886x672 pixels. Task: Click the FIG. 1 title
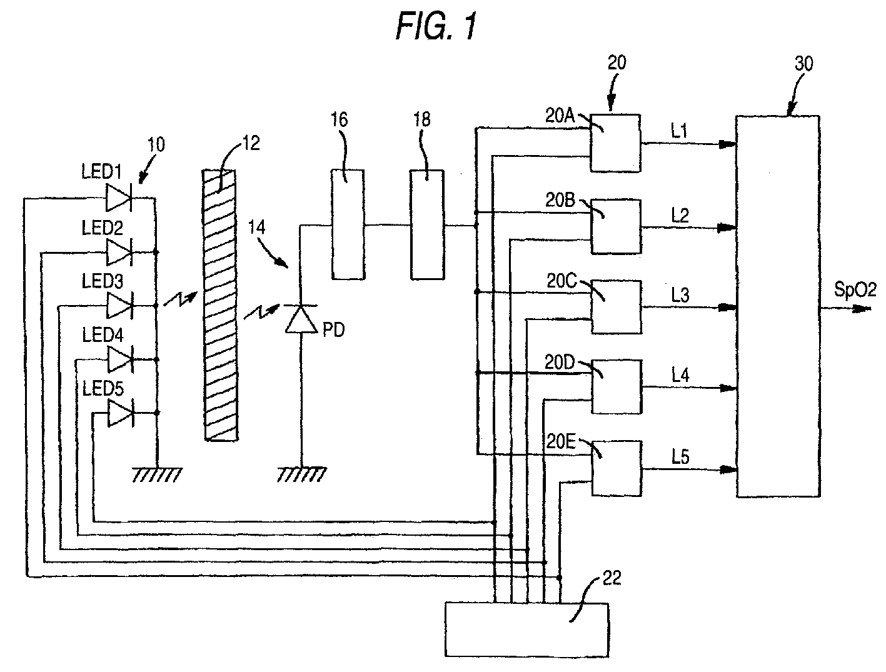coord(436,27)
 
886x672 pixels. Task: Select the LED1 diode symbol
coord(118,198)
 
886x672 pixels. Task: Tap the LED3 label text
coord(102,281)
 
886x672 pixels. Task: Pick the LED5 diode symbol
coord(120,413)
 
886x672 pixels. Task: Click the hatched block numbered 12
coord(220,305)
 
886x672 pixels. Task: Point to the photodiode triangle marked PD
coord(301,318)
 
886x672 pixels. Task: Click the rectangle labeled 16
coord(348,224)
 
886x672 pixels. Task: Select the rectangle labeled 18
coord(428,224)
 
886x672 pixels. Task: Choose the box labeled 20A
coord(615,143)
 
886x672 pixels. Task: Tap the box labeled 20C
coord(617,307)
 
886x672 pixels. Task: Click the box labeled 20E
coord(617,468)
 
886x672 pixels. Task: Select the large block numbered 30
coord(778,306)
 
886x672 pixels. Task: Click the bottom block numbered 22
coord(526,629)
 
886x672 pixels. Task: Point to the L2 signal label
coord(680,216)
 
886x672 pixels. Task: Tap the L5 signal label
coord(680,456)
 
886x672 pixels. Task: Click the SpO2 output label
coord(855,289)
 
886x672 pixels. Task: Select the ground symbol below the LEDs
coord(157,475)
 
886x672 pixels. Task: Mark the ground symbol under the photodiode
coord(301,474)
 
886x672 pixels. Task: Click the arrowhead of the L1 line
coord(728,144)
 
